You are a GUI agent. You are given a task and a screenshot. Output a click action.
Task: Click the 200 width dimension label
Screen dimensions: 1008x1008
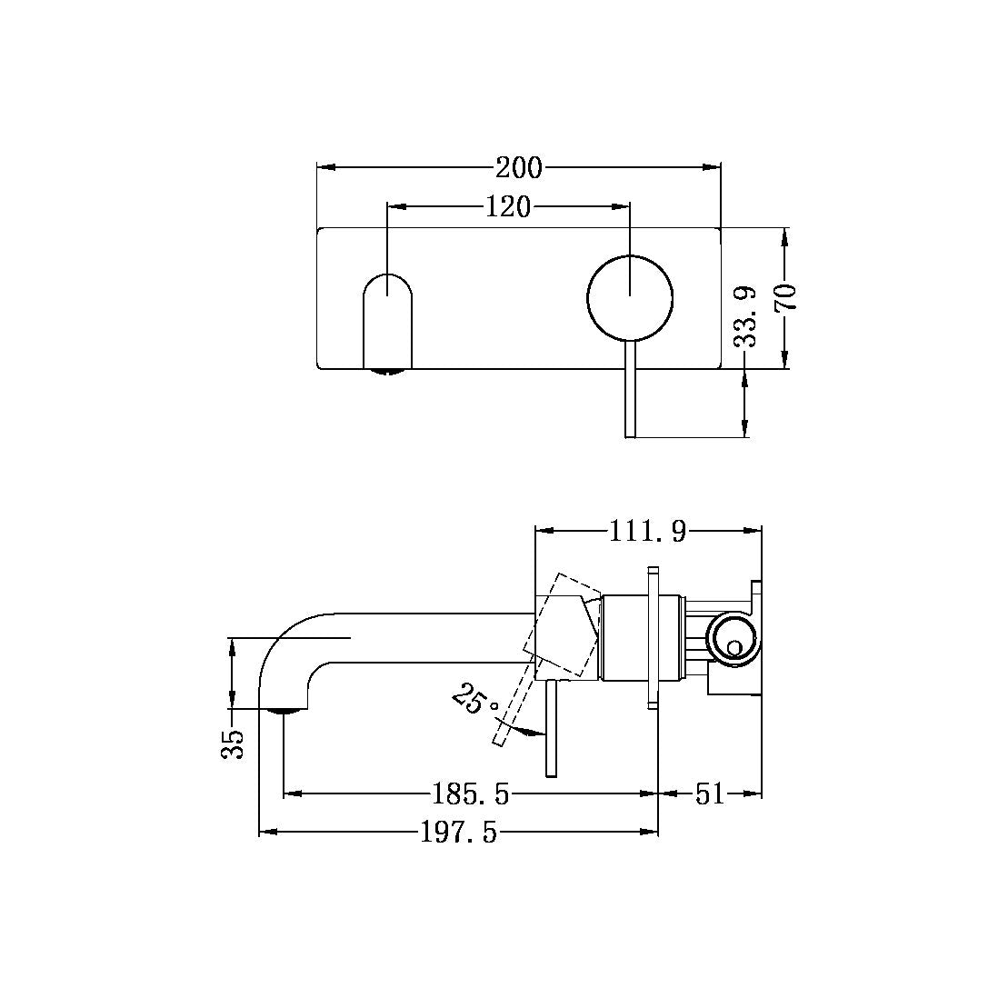[x=518, y=168]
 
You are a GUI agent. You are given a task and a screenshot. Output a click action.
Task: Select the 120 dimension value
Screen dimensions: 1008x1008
[x=507, y=207]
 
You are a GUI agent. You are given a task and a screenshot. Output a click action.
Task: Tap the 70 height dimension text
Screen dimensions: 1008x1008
[x=785, y=298]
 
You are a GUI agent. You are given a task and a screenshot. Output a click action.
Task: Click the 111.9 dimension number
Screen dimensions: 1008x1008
[x=647, y=531]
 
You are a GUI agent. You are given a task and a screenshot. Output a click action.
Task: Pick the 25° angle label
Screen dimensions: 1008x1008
[x=475, y=702]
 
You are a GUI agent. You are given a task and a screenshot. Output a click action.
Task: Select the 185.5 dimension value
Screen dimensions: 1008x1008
[x=471, y=795]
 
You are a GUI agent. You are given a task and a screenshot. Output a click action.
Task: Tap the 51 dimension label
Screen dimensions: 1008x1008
[x=710, y=795]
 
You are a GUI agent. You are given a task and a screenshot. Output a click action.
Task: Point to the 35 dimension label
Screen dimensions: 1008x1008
[x=235, y=744]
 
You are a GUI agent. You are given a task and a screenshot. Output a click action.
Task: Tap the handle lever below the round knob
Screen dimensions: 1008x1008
[x=630, y=391]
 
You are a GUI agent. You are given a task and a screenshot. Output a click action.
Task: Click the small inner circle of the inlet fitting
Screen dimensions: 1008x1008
[x=734, y=647]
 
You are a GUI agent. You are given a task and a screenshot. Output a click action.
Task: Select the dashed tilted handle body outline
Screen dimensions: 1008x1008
[x=562, y=624]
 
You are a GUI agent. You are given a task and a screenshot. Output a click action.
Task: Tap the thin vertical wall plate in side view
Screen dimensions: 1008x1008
[x=652, y=636]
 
